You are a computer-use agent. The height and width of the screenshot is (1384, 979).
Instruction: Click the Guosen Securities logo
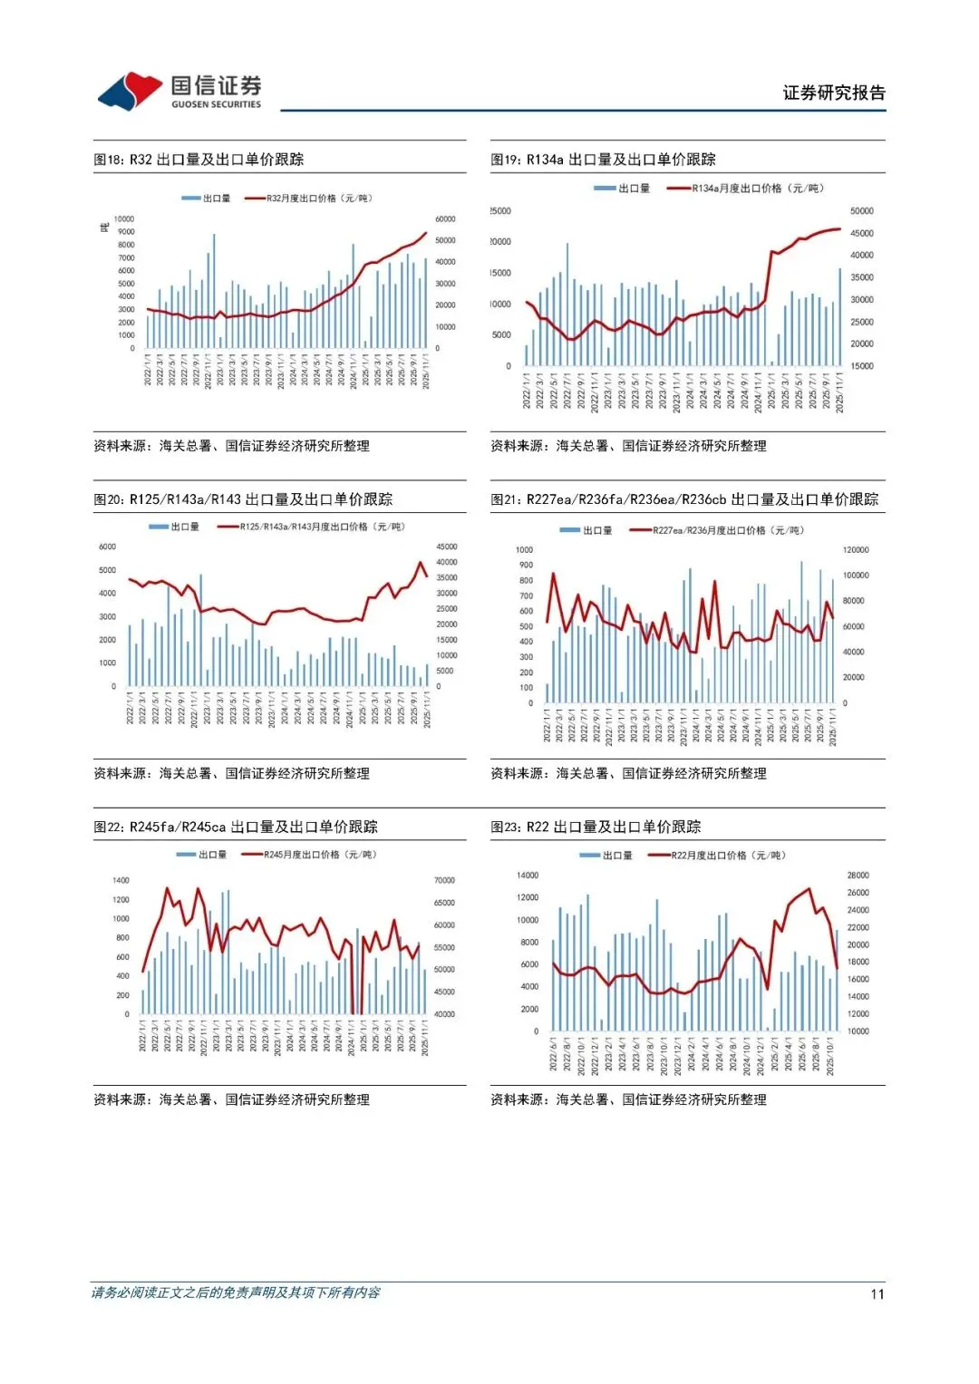(179, 92)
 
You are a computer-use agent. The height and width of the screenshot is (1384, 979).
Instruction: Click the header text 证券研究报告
(834, 92)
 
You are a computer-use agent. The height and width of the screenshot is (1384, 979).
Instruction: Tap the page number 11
(877, 1293)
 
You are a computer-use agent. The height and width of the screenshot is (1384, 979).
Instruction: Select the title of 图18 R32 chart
(199, 160)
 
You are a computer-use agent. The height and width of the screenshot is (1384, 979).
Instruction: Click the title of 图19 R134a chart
(603, 160)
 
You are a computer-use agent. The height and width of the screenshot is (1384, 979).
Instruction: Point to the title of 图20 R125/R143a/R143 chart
(243, 499)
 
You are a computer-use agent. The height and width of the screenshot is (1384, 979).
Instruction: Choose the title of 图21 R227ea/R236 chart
(684, 499)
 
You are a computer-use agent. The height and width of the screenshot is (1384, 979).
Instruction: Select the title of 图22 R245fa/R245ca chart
(236, 827)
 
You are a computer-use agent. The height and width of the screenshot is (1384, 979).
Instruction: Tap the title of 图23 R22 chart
(596, 827)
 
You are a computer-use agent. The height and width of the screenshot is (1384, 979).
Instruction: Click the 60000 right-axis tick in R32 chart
(445, 219)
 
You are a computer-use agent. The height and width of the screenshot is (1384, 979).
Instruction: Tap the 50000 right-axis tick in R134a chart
(862, 211)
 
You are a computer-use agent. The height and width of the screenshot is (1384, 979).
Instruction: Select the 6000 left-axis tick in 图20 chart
(107, 547)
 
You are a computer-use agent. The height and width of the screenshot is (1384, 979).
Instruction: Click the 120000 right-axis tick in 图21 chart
(855, 550)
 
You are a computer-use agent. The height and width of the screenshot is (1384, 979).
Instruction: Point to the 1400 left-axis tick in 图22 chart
(121, 880)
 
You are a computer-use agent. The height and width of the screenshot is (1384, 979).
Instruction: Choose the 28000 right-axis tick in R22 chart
(858, 876)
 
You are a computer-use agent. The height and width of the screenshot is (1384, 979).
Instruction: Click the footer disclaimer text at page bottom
(236, 1292)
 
